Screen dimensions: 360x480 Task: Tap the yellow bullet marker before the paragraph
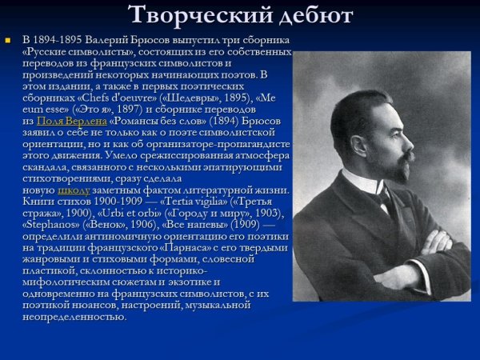[8, 39]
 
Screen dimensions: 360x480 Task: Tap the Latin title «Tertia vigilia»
[191, 202]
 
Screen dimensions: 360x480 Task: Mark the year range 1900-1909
[116, 202]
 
